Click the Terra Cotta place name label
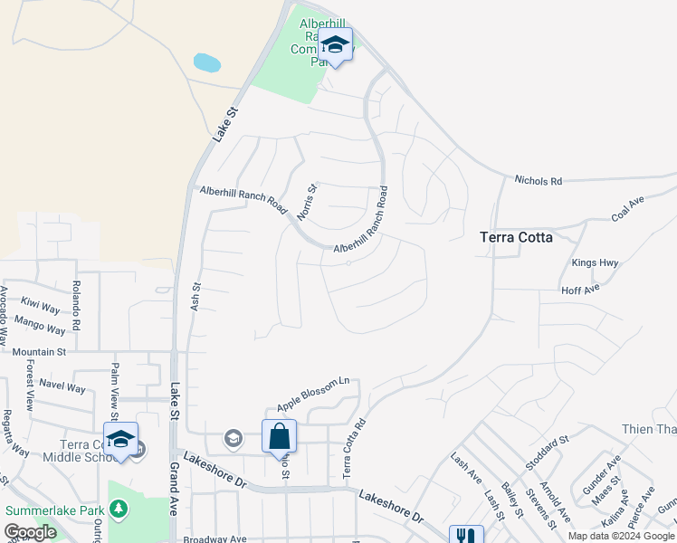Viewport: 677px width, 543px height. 515,237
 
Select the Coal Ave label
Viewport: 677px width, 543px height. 632,210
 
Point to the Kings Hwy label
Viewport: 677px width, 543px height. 595,263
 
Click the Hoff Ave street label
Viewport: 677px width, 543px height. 580,290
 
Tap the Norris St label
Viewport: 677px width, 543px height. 308,202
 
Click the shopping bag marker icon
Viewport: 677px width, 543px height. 280,436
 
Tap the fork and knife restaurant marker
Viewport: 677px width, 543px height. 466,535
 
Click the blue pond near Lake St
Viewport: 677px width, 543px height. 207,62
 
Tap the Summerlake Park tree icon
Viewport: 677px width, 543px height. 119,510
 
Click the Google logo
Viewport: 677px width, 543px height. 30,532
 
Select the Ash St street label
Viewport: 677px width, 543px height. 195,298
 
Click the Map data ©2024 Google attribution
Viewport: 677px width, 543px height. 621,536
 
